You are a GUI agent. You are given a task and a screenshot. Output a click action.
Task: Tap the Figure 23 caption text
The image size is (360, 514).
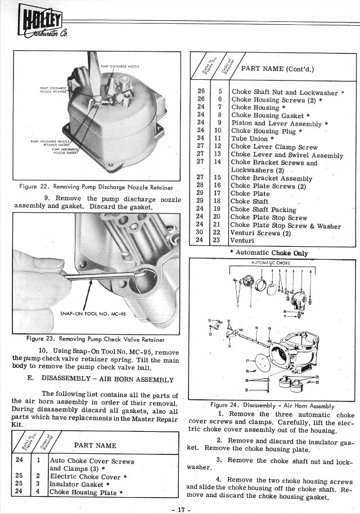tap(96, 339)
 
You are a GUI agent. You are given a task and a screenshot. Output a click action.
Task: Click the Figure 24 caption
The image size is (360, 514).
tap(272, 405)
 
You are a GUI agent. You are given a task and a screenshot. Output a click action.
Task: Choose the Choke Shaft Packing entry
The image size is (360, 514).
tap(263, 210)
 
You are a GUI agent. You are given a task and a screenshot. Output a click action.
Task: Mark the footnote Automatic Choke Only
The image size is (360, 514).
tap(272, 253)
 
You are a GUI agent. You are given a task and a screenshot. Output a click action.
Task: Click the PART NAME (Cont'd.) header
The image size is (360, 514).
tap(277, 69)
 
